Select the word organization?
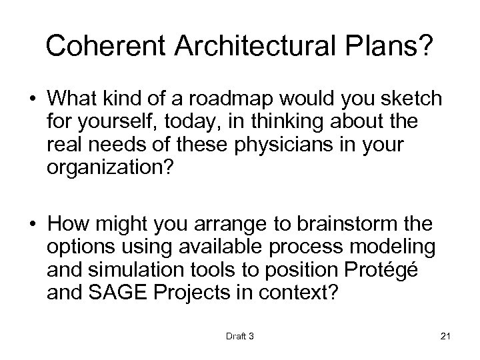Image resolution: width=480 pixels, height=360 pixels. [109, 167]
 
